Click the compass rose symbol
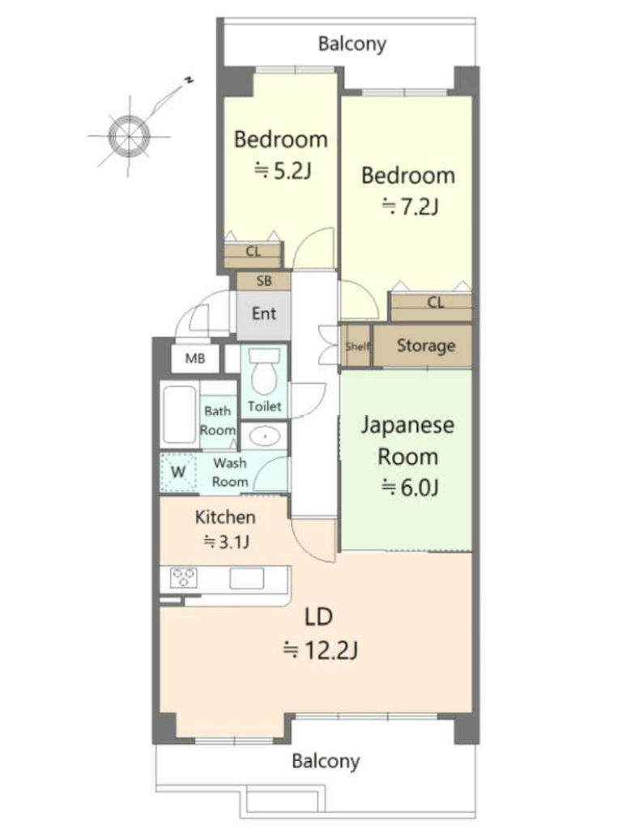(x=129, y=136)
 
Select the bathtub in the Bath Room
(x=179, y=416)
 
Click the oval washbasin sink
(x=264, y=436)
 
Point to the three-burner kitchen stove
(x=184, y=577)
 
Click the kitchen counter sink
(x=246, y=578)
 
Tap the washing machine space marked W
(x=178, y=472)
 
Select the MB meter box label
(x=194, y=359)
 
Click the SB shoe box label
(x=264, y=281)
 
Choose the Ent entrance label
(x=264, y=313)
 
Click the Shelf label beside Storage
(x=357, y=346)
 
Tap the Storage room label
(x=426, y=346)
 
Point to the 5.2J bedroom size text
(x=283, y=171)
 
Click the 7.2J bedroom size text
(x=410, y=206)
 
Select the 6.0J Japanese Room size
(x=410, y=487)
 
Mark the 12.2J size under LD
(x=321, y=650)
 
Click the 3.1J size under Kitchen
(x=227, y=542)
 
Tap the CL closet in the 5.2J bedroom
(x=253, y=255)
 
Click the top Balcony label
(x=351, y=45)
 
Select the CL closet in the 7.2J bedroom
(x=431, y=307)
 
